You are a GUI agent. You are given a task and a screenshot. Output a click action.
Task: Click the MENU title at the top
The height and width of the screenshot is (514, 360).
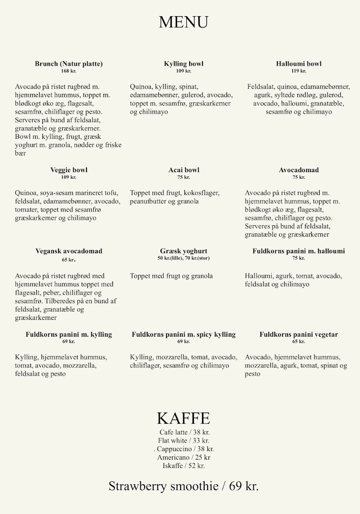(x=183, y=22)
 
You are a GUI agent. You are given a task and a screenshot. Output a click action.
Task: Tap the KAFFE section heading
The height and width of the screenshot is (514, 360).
(x=183, y=418)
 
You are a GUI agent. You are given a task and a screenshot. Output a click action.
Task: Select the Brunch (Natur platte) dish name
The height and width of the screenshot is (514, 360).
(x=68, y=64)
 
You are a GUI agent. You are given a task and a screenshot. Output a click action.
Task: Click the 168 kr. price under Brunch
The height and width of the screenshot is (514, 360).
(x=68, y=71)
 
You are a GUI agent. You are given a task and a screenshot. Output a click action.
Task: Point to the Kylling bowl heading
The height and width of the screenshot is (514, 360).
(x=184, y=64)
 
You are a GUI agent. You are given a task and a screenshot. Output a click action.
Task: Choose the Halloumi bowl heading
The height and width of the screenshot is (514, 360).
(x=299, y=64)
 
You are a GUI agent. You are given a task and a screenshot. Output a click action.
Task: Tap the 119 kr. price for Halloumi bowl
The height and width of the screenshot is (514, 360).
(x=299, y=71)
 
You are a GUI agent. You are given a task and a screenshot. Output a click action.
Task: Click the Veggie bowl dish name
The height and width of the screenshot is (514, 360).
(x=68, y=170)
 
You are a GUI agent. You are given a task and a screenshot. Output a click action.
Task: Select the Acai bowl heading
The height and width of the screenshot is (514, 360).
(x=184, y=170)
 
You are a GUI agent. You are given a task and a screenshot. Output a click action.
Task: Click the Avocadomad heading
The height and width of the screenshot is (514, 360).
(x=299, y=170)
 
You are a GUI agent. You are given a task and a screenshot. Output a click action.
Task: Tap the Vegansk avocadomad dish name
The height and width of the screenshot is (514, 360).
(x=68, y=251)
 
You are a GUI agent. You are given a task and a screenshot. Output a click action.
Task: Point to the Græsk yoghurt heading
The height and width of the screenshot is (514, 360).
(x=184, y=251)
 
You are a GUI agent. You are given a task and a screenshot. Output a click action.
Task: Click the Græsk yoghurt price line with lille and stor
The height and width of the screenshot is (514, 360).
(x=184, y=258)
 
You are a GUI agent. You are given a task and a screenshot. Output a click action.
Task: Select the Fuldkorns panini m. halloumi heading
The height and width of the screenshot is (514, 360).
(x=299, y=251)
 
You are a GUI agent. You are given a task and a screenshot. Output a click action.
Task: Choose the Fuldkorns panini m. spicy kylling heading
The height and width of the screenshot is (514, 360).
(x=184, y=335)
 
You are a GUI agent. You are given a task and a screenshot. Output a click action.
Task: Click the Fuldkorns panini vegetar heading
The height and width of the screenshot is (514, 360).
(x=299, y=335)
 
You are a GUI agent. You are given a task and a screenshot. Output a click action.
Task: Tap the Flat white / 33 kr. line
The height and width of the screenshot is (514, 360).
(x=184, y=440)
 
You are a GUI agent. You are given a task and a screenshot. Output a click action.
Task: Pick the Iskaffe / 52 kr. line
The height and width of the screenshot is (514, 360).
(x=184, y=466)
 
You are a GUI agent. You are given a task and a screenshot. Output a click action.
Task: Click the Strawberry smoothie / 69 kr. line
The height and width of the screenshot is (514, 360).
(x=184, y=486)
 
